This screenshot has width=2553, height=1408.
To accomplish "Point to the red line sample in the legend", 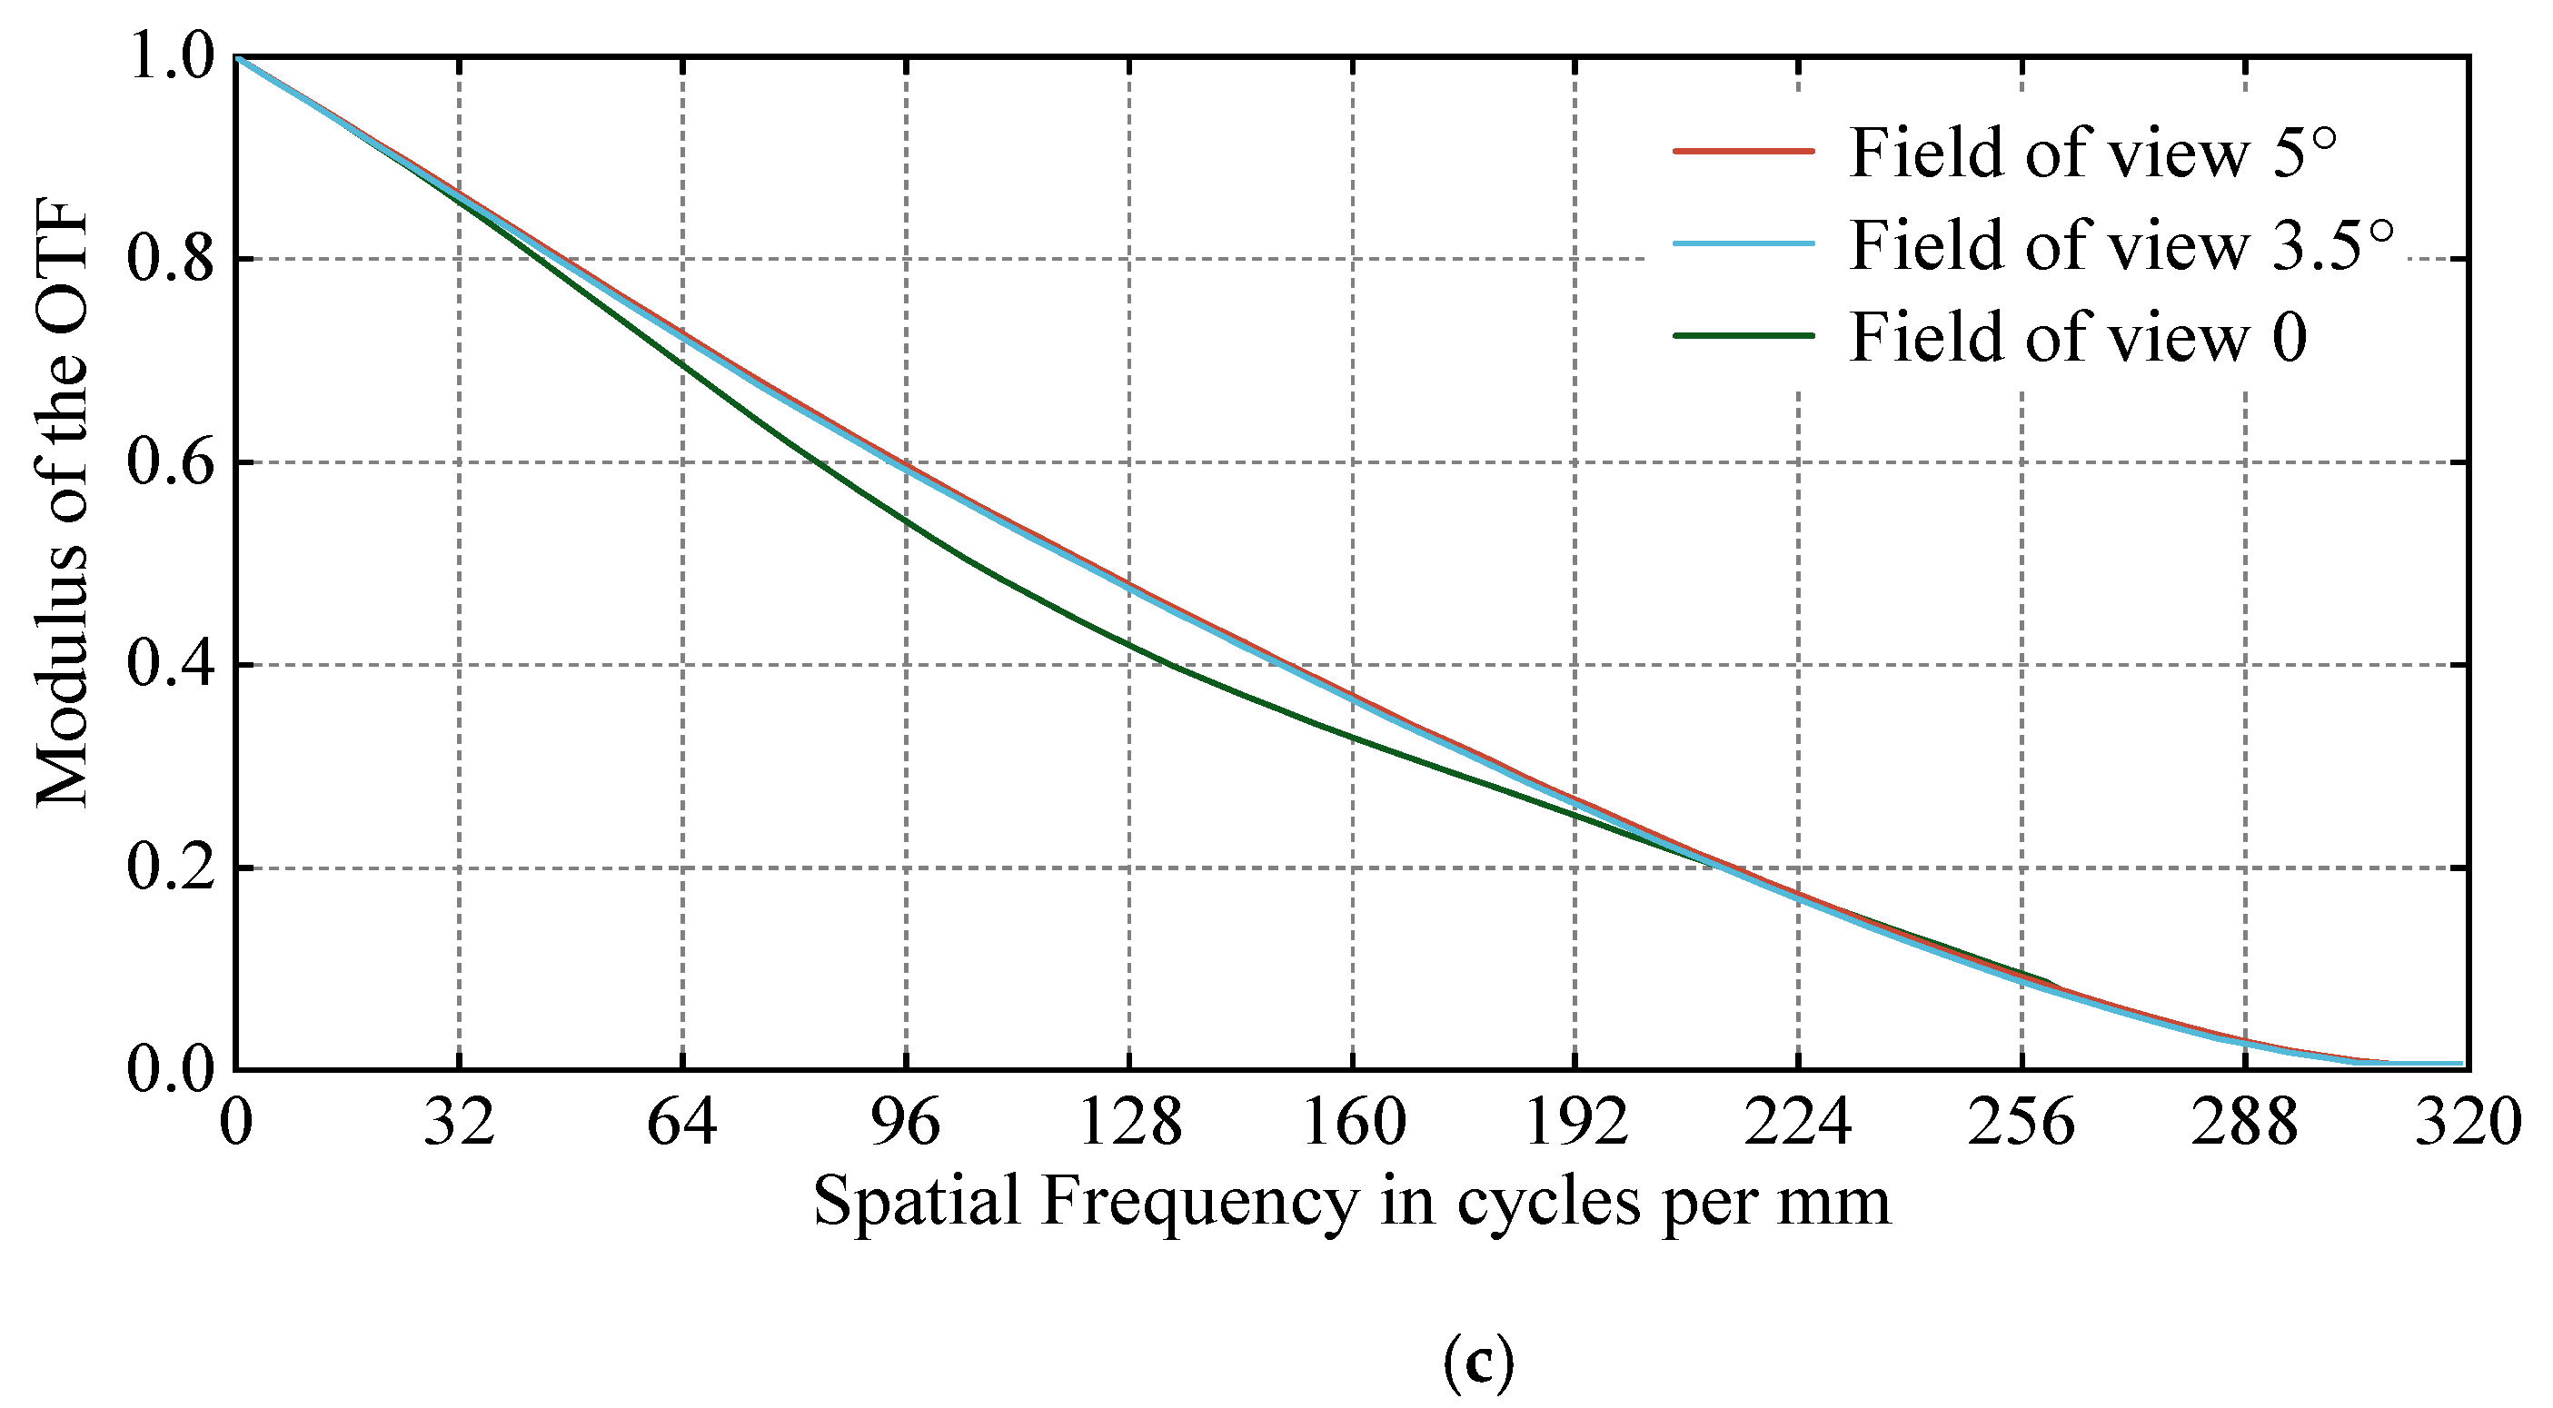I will click(1743, 152).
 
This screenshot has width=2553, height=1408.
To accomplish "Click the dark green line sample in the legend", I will click(1743, 336).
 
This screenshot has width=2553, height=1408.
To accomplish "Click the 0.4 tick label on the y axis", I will click(171, 665).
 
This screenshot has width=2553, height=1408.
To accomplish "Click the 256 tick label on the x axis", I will click(2021, 1124).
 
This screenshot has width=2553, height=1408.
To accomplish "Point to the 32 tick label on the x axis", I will click(459, 1124).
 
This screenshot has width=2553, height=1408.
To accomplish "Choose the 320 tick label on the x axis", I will click(2467, 1124).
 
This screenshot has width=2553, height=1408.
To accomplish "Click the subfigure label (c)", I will click(1477, 1363).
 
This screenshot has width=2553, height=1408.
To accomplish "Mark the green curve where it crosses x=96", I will click(906, 520).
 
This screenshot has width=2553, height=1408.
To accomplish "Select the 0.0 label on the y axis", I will click(171, 1071).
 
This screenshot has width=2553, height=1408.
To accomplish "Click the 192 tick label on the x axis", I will click(1575, 1124).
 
